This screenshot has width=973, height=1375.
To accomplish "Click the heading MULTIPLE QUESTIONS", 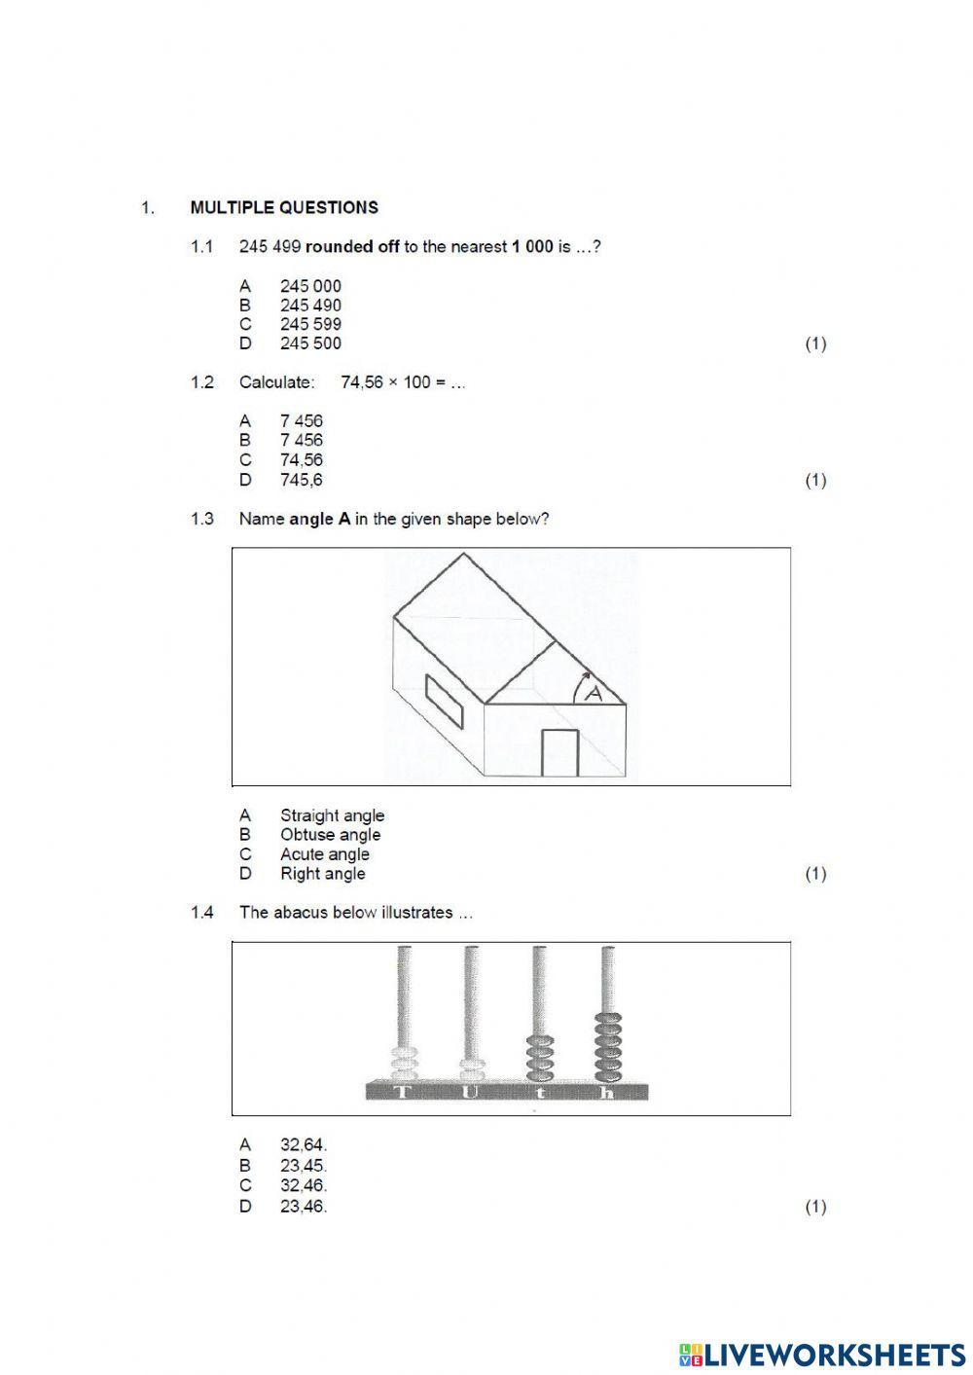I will pos(284,207).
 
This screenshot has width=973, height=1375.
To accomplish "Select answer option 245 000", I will pos(310,286).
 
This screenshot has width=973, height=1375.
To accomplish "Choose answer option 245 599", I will pos(310,324).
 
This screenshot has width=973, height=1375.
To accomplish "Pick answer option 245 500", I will pos(310,344).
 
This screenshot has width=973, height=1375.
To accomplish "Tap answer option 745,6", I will pos(301,480).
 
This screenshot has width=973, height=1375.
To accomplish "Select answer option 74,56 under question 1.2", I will pos(301,460).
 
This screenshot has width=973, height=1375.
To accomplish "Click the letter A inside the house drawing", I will pos(594,693).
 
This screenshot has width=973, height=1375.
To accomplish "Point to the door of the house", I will pos(559,752).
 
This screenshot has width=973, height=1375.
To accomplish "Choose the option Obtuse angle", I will pos(330,835).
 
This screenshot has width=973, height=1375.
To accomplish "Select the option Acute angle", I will pos(324,854).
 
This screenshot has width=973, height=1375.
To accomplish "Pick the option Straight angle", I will pos(332,815).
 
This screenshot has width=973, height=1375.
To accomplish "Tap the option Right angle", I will pos(322,874).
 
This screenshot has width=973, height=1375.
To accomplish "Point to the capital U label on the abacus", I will pos(470,1092).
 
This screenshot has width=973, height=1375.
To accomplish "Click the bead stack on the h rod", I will pos(608,1046).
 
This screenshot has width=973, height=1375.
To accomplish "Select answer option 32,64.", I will pos(303,1145).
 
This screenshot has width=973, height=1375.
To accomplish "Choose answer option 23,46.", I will pos(303,1207).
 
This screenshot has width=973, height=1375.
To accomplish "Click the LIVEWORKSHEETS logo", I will pos(822,1354).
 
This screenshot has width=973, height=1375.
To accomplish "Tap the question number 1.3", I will pos(201,519).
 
